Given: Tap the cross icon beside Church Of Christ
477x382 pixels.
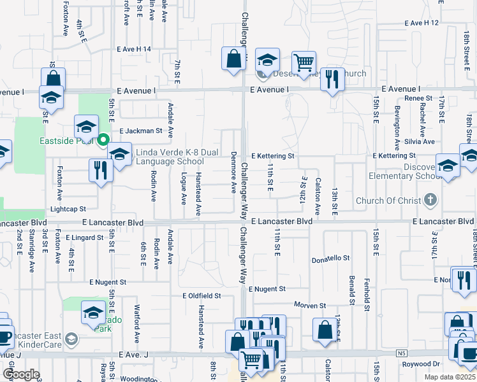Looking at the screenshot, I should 430,201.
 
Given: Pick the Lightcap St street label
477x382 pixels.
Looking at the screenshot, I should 68,208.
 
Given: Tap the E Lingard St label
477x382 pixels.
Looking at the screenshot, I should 84,237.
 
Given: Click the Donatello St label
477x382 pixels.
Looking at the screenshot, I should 330,258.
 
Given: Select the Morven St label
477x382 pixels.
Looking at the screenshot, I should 310,305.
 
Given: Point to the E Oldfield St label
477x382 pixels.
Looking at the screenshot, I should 202,295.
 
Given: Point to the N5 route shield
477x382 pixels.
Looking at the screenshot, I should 400,353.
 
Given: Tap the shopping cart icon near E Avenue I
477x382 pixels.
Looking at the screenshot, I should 304,62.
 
